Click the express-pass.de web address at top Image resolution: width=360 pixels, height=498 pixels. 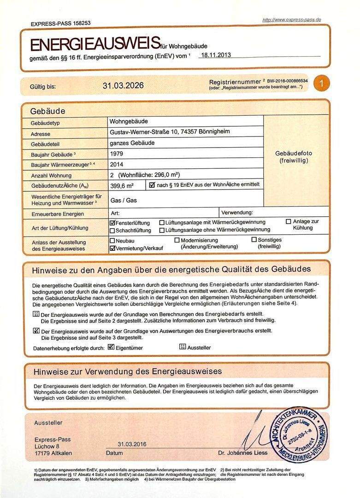click(291, 20)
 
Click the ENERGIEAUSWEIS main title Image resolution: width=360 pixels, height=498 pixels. click(95, 44)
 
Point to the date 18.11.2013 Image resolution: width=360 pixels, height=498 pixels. click(216, 54)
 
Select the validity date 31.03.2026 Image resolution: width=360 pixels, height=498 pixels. click(123, 85)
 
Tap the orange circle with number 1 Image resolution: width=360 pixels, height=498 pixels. click(322, 83)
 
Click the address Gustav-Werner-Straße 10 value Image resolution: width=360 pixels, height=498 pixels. click(170, 132)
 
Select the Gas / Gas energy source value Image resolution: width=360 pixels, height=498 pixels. click(124, 201)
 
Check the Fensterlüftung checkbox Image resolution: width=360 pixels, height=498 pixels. click(112, 222)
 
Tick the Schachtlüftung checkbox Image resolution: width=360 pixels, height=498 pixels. click(112, 230)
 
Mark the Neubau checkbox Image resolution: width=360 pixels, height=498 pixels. click(112, 240)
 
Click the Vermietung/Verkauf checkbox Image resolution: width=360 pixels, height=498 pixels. click(112, 248)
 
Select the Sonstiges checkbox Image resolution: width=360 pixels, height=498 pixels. click(254, 240)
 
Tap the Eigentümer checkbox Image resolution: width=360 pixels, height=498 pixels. click(111, 347)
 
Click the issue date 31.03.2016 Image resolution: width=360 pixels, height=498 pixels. click(132, 444)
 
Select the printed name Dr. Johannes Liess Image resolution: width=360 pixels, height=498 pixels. click(242, 452)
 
